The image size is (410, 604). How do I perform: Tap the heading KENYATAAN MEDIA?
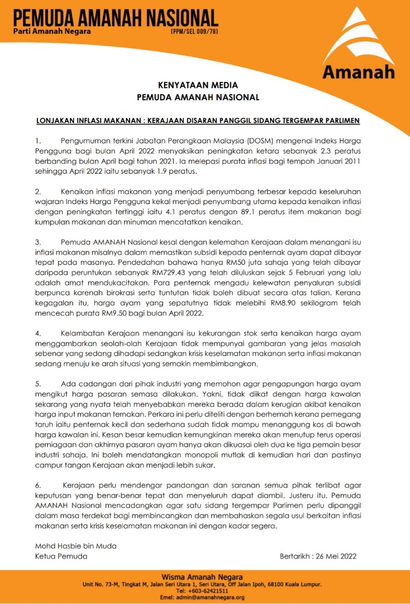198,85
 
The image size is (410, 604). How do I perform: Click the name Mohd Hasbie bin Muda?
75,546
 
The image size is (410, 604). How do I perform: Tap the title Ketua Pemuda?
61,556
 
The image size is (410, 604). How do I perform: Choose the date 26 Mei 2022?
335,556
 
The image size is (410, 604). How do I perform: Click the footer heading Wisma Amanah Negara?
202,577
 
